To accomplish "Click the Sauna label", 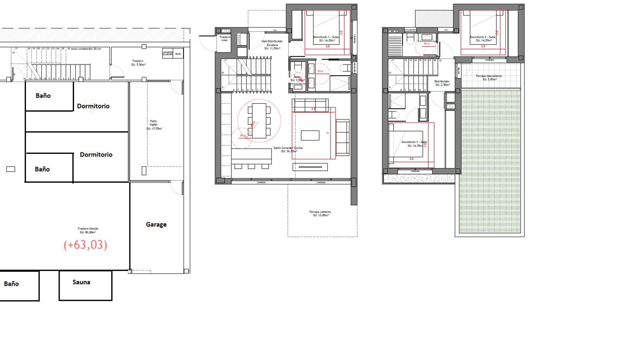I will tap(81, 282).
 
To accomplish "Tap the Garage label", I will tap(156, 225).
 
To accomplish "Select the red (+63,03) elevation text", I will tap(85, 245).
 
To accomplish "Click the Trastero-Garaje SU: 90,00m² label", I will tap(88, 230).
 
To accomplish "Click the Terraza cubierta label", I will tap(320, 213).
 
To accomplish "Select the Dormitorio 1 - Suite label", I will tap(326, 39).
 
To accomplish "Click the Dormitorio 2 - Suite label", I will tap(483, 39).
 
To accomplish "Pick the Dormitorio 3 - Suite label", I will tap(414, 144).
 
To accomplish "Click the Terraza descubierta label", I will tap(489, 77).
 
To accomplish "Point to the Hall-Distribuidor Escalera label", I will tap(272, 45).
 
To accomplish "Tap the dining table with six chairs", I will tap(259, 121).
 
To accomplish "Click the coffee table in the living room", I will tap(310, 135).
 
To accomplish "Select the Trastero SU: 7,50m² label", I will tap(138, 63).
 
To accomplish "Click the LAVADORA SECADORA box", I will tap(167, 53).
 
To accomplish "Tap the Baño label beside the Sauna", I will tap(11, 284).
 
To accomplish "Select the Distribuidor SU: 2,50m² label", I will tap(442, 83).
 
